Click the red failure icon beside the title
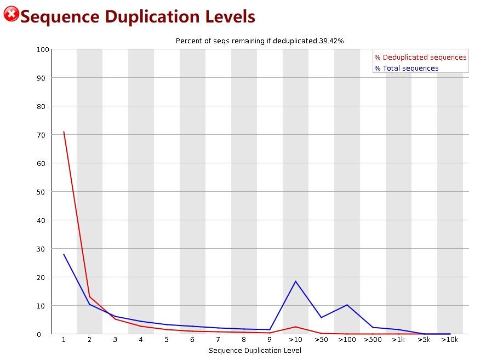[x=11, y=14]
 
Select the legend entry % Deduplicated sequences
[x=420, y=57]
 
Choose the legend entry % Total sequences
[x=406, y=68]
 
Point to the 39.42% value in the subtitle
[x=331, y=41]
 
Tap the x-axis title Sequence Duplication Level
[x=255, y=350]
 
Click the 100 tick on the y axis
[x=43, y=49]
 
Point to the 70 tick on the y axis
[x=44, y=135]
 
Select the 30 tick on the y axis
[x=44, y=249]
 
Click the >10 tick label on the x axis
[x=295, y=340]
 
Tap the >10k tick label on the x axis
[x=450, y=340]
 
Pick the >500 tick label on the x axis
[x=373, y=340]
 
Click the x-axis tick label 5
[x=167, y=340]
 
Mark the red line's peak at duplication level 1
[x=64, y=132]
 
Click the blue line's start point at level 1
[x=64, y=254]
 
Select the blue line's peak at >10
[x=295, y=281]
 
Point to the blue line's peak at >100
[x=347, y=305]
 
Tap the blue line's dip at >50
[x=321, y=317]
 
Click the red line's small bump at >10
[x=295, y=327]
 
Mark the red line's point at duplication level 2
[x=90, y=296]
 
